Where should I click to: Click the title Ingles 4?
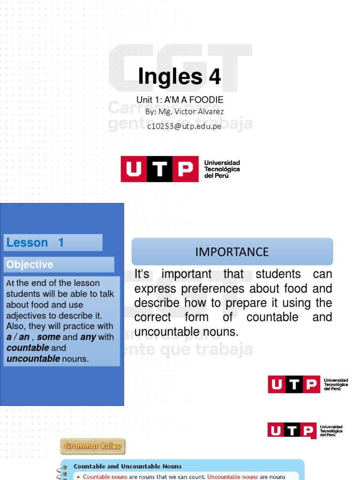[x=179, y=77]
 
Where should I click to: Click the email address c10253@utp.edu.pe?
[x=184, y=126]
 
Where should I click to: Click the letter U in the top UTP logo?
[x=134, y=169]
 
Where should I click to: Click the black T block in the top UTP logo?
[x=159, y=169]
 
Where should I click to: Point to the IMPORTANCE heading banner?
[x=232, y=252]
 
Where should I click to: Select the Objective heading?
[x=30, y=264]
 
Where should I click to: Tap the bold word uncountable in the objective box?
[x=33, y=359]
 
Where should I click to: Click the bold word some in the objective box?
[x=48, y=337]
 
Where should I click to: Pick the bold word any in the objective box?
[x=88, y=337]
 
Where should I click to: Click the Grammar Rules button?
[x=92, y=446]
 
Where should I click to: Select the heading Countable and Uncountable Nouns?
[x=127, y=466]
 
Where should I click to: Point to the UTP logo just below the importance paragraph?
[x=307, y=384]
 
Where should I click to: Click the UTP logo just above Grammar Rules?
[x=305, y=430]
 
